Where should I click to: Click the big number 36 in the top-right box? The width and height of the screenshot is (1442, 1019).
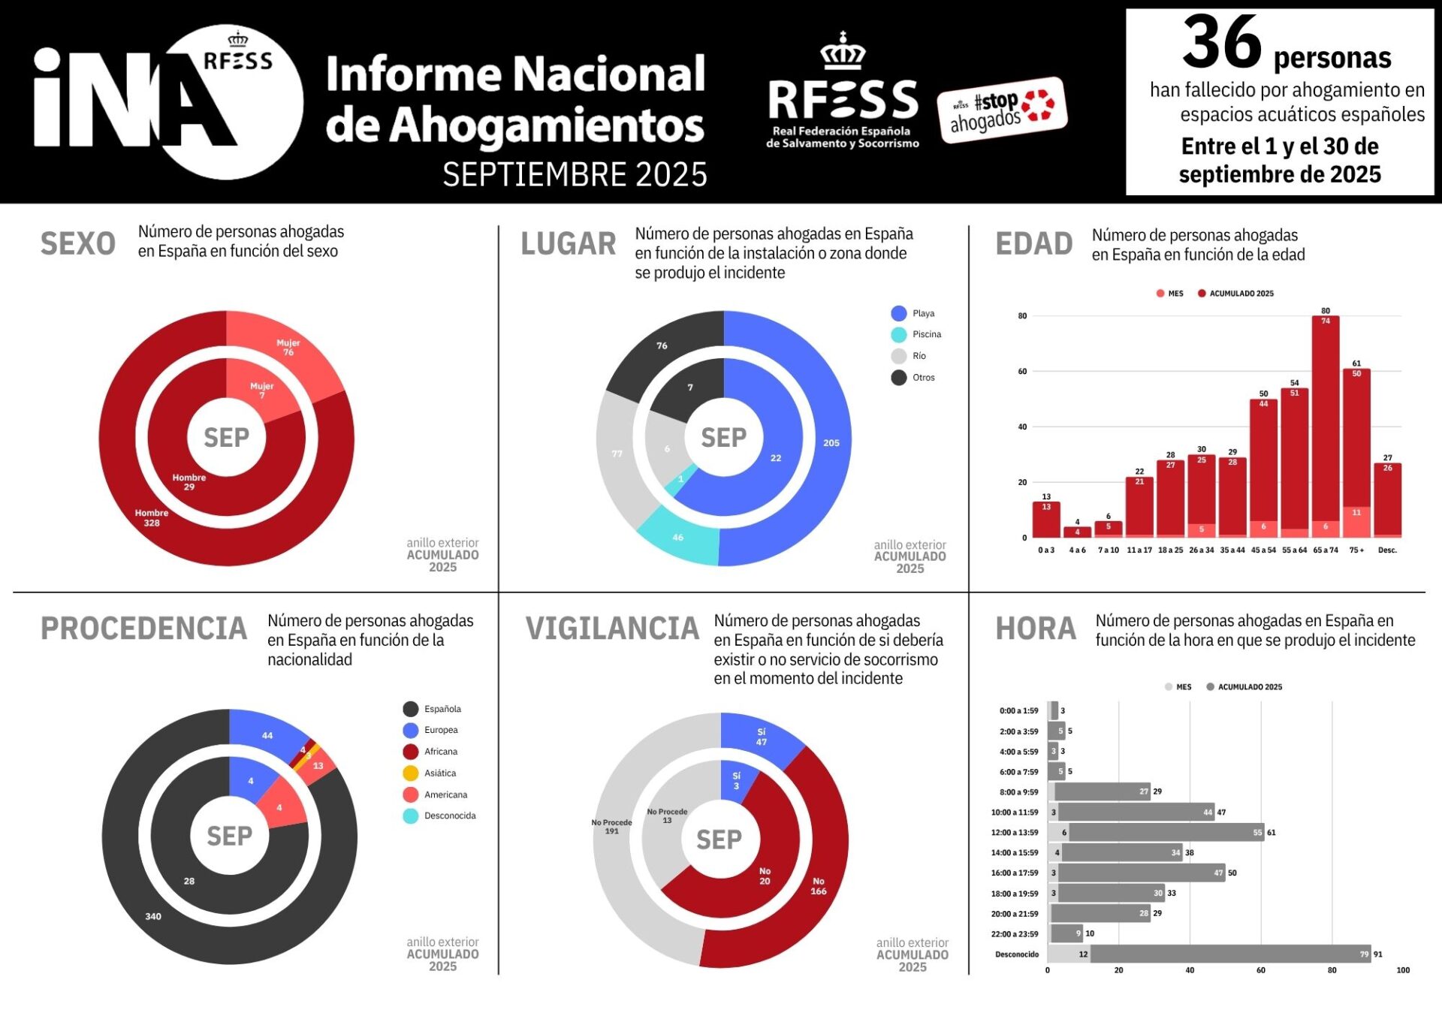point(1222,43)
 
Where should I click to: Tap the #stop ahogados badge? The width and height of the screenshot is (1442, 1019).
point(1002,110)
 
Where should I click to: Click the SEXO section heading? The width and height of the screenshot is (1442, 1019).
point(78,244)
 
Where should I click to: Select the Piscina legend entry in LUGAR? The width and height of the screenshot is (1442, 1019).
point(916,335)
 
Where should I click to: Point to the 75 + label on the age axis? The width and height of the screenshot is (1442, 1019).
point(1356,550)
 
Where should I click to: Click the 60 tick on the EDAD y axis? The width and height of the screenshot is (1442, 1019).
point(1022,372)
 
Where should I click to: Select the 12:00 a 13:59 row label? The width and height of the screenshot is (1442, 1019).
point(1015,833)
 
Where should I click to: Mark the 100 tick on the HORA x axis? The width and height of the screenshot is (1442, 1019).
point(1402,971)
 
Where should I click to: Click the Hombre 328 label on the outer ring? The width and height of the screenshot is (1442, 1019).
point(152,518)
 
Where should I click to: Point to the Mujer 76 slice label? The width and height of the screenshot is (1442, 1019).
point(288,348)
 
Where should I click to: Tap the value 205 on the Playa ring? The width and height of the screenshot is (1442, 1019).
point(831,443)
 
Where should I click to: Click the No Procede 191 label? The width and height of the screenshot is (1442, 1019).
point(612,827)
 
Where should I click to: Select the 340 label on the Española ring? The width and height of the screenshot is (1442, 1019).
point(153,917)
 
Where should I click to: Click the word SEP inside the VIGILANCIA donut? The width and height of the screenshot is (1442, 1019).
point(719,840)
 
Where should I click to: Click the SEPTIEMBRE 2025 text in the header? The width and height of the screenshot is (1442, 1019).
point(575,175)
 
